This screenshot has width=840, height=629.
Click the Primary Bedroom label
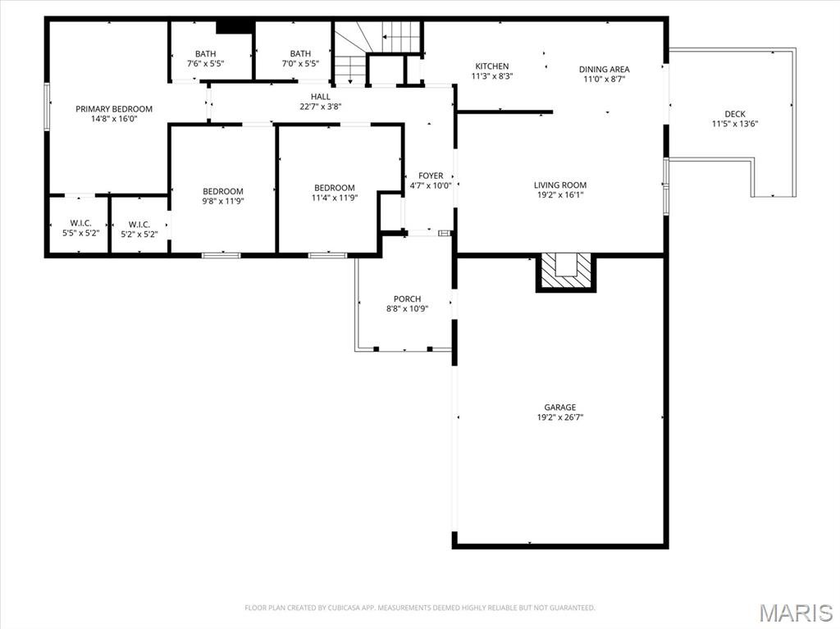(114, 109)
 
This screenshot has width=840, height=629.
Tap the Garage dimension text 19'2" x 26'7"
(559, 417)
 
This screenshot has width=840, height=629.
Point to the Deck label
(734, 114)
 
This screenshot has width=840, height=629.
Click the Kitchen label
(491, 66)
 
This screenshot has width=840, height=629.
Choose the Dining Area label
(604, 69)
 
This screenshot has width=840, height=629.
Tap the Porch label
(407, 299)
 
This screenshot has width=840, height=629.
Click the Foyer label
(431, 175)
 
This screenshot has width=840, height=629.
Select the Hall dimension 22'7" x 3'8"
(320, 106)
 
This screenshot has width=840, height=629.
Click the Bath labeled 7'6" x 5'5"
(206, 54)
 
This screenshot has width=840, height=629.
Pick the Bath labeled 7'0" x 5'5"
(300, 54)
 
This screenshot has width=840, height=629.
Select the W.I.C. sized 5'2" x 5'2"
(139, 224)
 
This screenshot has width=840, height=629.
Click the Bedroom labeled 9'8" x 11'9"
(223, 191)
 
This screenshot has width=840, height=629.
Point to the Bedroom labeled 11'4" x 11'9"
(334, 188)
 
